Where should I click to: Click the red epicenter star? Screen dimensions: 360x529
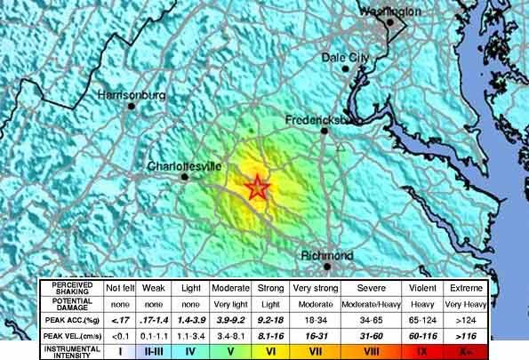[x=257, y=188]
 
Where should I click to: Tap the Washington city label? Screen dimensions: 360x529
[x=389, y=12]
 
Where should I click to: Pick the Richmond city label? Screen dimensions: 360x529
[x=326, y=256]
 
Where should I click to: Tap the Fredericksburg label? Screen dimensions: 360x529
[x=319, y=120]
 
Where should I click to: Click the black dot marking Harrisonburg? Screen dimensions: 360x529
[x=131, y=106]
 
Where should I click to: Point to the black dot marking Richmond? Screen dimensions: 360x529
[x=327, y=266]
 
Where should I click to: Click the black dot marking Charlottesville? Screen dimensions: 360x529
[x=185, y=177]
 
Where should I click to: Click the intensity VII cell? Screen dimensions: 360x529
[x=313, y=352]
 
